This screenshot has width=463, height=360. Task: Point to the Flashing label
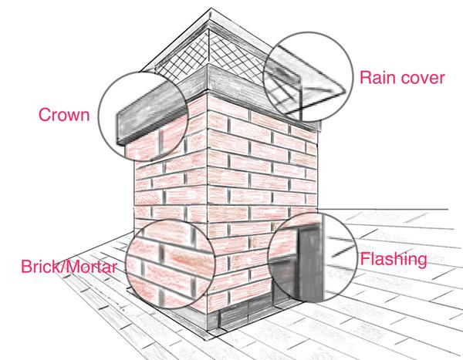pyautogui.click(x=392, y=260)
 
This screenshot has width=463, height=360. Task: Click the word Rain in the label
pyautogui.click(x=377, y=79)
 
